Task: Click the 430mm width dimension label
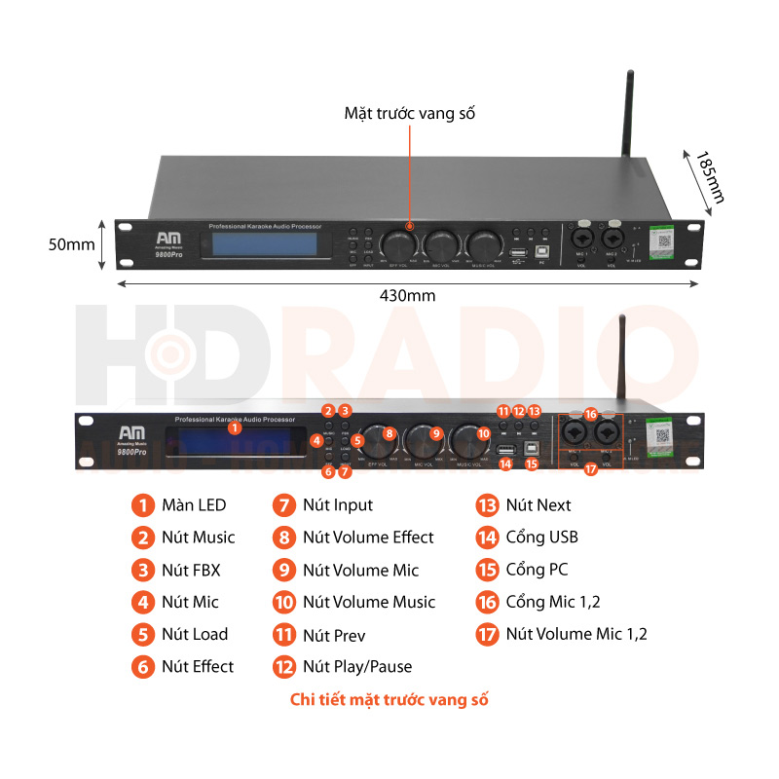408,295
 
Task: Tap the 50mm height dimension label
72,244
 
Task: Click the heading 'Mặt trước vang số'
409,113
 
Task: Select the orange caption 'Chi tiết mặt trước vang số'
389,700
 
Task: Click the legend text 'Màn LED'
194,504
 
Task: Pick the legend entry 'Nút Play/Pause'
356,666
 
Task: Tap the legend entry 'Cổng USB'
541,537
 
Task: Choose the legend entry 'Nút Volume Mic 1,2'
576,634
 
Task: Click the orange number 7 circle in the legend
284,504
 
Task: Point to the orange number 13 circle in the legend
487,504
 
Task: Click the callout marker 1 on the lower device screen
234,427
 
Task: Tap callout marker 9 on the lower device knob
436,433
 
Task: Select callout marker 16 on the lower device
590,414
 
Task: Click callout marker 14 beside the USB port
504,464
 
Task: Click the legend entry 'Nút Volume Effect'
368,537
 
